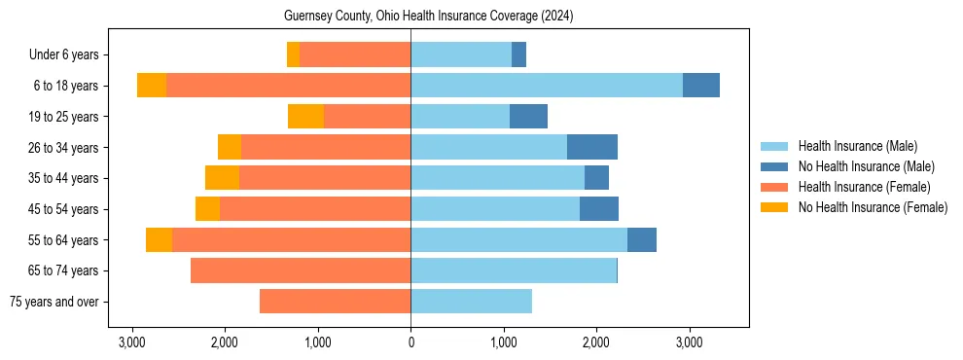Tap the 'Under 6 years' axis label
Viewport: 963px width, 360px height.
[x=69, y=54]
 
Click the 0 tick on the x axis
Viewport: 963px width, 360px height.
[x=410, y=342]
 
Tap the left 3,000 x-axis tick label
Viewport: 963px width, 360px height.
[x=132, y=342]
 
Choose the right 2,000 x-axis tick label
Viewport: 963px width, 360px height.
[x=596, y=342]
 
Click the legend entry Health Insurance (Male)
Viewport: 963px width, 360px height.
[x=857, y=146]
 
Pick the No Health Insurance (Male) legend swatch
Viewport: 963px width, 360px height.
[x=774, y=166]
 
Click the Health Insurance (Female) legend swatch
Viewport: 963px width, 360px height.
[x=774, y=187]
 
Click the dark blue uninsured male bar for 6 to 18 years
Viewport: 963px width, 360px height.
[x=701, y=86]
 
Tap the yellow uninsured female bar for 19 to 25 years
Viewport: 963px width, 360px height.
[x=305, y=117]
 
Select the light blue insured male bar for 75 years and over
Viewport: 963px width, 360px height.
[x=471, y=302]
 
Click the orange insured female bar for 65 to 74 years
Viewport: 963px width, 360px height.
[x=301, y=270]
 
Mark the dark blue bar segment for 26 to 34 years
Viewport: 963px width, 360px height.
[x=592, y=147]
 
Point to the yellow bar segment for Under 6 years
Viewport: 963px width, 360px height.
[x=293, y=54]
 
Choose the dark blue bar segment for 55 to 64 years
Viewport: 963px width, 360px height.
[x=642, y=239]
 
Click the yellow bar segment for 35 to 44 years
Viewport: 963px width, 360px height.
[x=222, y=178]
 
